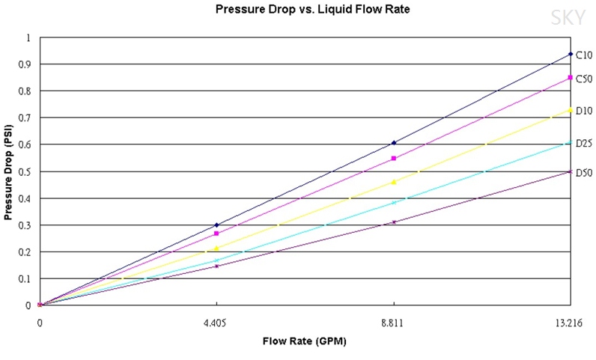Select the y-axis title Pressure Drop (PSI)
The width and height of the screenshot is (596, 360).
coord(8,171)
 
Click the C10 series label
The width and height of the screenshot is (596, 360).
coord(584,55)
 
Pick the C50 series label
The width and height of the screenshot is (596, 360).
coord(584,79)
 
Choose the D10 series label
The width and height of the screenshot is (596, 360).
coord(584,111)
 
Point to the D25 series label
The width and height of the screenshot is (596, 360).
coord(584,143)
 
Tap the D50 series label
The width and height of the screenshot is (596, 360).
coord(584,173)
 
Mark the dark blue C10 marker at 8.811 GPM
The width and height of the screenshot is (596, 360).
coord(394,143)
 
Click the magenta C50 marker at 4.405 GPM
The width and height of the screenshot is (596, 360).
coord(216,234)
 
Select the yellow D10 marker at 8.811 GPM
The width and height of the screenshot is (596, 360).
coord(394,182)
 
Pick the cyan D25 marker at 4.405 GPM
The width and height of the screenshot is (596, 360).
coord(216,260)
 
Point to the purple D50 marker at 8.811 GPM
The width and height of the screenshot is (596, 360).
coord(394,222)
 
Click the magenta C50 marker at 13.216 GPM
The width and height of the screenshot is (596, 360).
coord(571,78)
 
